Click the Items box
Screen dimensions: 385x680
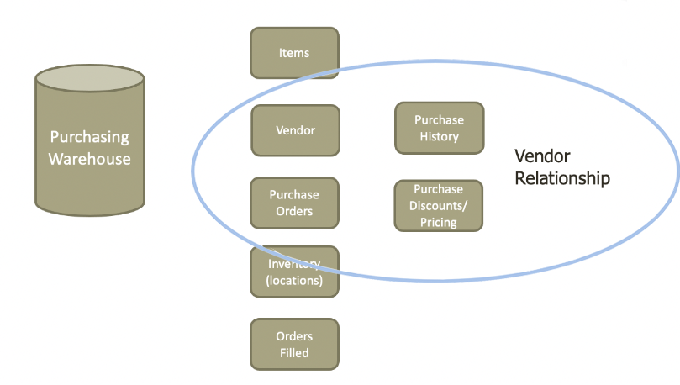click(x=294, y=53)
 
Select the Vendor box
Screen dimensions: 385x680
click(x=295, y=130)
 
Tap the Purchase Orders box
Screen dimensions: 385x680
click(x=294, y=203)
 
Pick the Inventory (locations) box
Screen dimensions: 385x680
click(x=294, y=272)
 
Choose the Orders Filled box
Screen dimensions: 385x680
click(x=294, y=344)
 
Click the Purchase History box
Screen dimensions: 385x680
click(x=439, y=128)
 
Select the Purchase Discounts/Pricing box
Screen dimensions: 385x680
click(x=438, y=206)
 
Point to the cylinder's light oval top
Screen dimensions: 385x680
click(x=90, y=79)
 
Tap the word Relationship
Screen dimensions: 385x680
click(x=562, y=178)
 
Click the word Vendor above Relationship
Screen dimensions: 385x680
click(x=542, y=156)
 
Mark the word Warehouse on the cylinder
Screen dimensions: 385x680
click(x=90, y=159)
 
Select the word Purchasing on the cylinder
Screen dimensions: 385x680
click(x=90, y=137)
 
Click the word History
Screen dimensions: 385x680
click(x=439, y=137)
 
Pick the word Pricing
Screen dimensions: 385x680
click(x=438, y=222)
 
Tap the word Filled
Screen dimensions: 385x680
click(x=294, y=353)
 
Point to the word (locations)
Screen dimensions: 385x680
click(x=294, y=280)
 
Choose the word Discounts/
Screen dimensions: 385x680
click(x=438, y=206)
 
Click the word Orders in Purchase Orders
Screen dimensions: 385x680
click(x=294, y=211)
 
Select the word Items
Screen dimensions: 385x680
click(x=294, y=53)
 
